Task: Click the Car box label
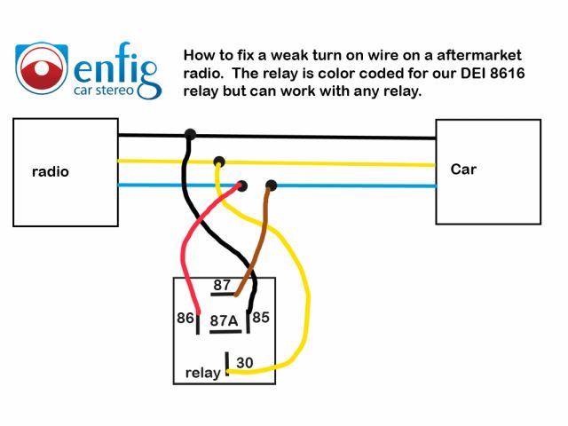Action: pos(463,169)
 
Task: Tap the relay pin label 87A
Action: pos(224,321)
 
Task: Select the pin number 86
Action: pos(185,317)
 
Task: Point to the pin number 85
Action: pos(261,317)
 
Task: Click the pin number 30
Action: pos(245,362)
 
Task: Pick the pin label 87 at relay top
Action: pos(222,286)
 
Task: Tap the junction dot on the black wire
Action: pos(190,135)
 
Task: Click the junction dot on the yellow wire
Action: pos(218,162)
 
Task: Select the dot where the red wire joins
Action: pos(241,185)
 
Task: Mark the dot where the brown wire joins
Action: pos(272,185)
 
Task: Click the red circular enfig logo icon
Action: pos(40,68)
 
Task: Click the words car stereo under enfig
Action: pos(115,89)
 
